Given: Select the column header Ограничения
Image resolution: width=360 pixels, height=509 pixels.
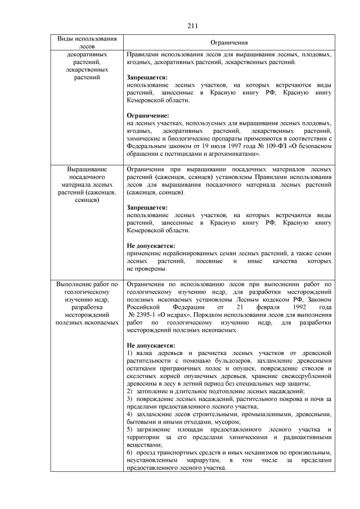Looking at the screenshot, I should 229,43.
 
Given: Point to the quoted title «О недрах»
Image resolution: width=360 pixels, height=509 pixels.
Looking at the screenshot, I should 180,316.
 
